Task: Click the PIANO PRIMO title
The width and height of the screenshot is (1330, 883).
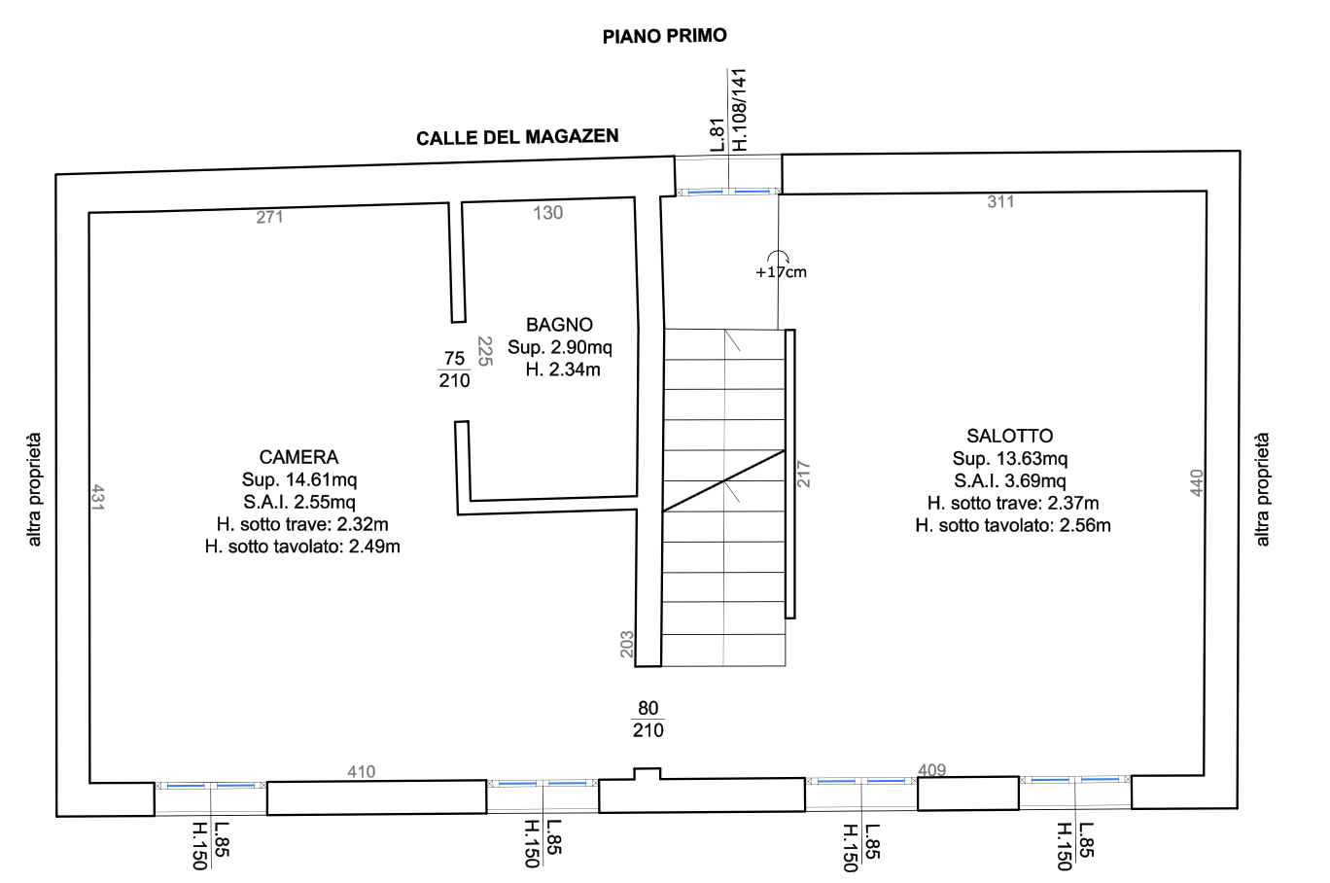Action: point(664,36)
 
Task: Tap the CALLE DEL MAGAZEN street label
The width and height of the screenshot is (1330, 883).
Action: point(517,137)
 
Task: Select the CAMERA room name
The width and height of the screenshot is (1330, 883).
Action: point(298,457)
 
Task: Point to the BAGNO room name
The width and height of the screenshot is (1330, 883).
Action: point(559,325)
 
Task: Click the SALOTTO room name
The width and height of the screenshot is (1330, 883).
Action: point(1009,436)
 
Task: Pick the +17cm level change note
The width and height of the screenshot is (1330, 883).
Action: point(781,272)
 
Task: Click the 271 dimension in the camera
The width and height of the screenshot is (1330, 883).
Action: point(269,217)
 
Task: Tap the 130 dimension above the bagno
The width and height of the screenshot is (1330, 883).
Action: point(547,213)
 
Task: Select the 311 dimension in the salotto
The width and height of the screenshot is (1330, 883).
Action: point(1000,202)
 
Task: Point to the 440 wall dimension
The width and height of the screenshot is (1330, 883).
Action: point(1197,482)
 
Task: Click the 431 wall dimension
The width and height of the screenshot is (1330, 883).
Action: point(98,497)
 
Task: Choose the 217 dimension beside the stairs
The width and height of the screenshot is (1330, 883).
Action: point(803,474)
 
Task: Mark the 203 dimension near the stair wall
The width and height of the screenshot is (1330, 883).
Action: point(627,645)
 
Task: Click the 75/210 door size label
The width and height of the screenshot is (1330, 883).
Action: point(454,370)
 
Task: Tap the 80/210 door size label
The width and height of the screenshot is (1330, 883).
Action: point(647,719)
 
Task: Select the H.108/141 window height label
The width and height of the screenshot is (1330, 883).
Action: point(739,110)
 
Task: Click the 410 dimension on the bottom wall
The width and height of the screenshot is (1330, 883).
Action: point(361,772)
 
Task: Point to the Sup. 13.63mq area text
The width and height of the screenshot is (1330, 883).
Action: point(1010,458)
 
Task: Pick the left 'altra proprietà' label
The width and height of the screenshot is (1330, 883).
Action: point(34,489)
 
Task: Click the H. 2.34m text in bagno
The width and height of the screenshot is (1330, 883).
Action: point(562,370)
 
